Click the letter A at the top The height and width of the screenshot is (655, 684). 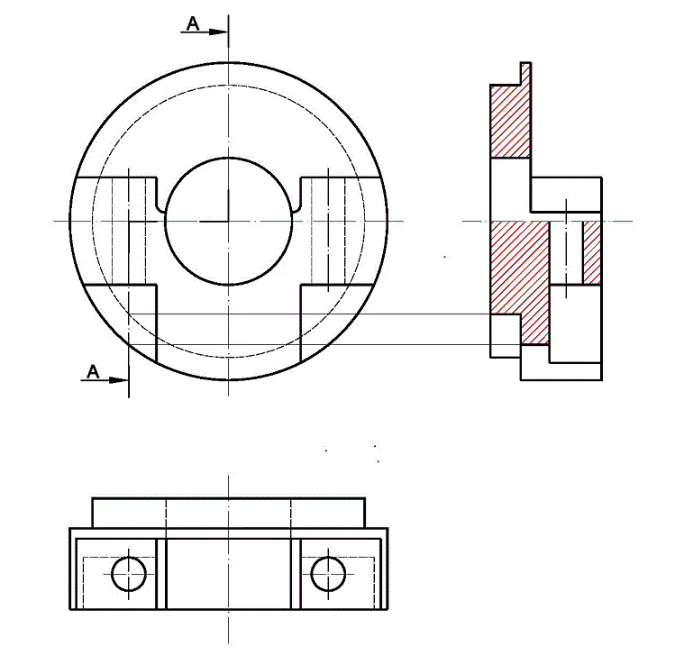pyautogui.click(x=192, y=23)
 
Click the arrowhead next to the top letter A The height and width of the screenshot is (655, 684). pyautogui.click(x=219, y=32)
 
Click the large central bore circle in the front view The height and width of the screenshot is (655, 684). pyautogui.click(x=229, y=221)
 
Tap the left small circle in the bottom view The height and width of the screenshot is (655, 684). pyautogui.click(x=129, y=572)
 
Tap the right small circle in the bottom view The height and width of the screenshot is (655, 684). pyautogui.click(x=328, y=572)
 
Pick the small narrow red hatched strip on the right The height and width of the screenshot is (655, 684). pyautogui.click(x=592, y=251)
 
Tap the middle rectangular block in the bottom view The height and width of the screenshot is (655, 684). pyautogui.click(x=229, y=573)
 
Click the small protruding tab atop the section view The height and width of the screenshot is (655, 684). pyautogui.click(x=525, y=73)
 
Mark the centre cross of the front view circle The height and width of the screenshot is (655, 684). pyautogui.click(x=229, y=221)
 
